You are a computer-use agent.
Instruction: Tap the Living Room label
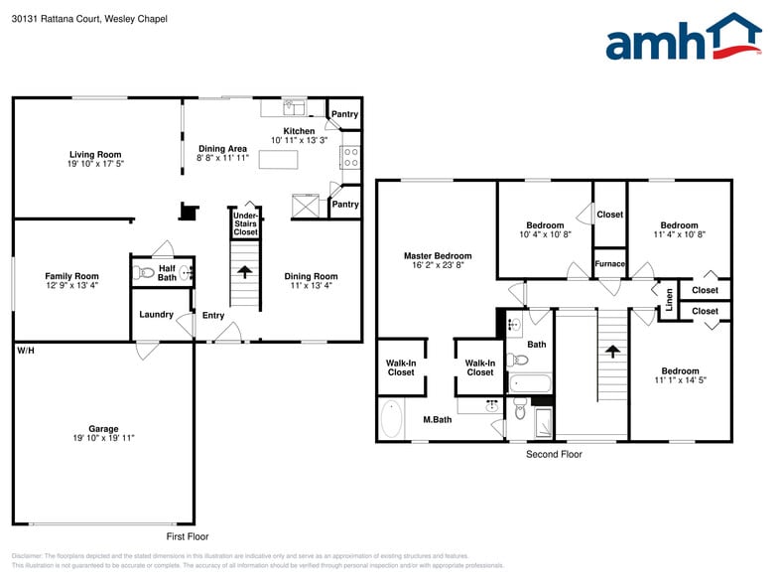click(x=95, y=154)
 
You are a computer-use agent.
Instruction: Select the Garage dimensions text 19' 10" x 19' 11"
click(x=103, y=438)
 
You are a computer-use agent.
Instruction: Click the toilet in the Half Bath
click(x=146, y=271)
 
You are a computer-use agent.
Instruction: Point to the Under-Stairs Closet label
click(x=245, y=223)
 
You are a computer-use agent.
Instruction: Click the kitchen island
click(x=279, y=160)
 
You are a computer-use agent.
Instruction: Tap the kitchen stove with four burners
click(x=350, y=157)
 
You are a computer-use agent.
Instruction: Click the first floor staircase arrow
click(x=245, y=271)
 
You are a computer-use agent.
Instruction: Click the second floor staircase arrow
click(x=612, y=351)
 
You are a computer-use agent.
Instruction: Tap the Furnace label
click(x=609, y=264)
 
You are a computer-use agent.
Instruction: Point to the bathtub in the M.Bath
click(x=390, y=419)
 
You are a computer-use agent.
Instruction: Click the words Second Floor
click(x=554, y=454)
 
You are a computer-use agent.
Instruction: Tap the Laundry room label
click(x=157, y=315)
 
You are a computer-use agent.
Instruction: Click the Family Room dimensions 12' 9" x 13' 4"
click(x=71, y=285)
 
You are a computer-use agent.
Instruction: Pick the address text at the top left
click(x=89, y=19)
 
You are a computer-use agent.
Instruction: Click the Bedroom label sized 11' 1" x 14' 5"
click(x=680, y=371)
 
